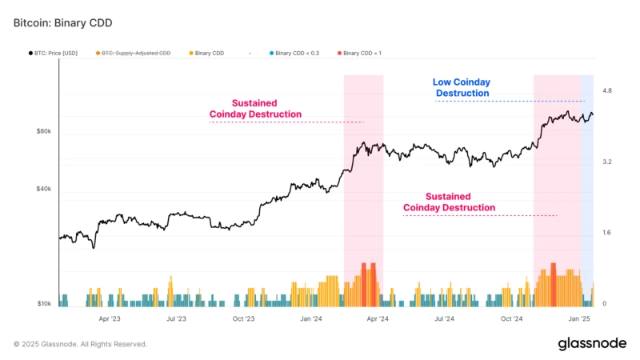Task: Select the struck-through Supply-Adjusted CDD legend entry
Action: click(135, 54)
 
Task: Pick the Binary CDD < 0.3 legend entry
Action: click(296, 54)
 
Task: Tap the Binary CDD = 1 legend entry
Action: click(362, 54)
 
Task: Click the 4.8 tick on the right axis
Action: click(607, 91)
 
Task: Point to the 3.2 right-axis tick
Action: click(607, 162)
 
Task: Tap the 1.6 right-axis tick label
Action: click(607, 233)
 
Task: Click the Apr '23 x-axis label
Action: click(110, 318)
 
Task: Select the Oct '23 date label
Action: click(243, 318)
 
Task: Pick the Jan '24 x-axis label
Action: click(311, 318)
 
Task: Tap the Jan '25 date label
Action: click(579, 318)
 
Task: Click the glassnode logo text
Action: click(592, 343)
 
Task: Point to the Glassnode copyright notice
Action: click(80, 344)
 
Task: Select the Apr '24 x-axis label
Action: click(378, 318)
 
